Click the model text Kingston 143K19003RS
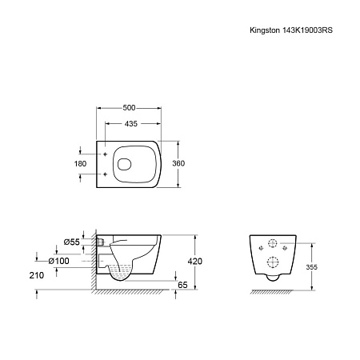coord(291,30)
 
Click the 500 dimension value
coord(129,108)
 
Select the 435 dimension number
coord(131,124)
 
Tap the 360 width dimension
coord(178,163)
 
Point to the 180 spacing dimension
coord(80,164)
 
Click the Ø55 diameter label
coord(72,242)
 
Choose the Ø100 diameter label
coord(58,261)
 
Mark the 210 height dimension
coord(37,275)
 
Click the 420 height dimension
coord(195,262)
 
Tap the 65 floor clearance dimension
coord(182,285)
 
